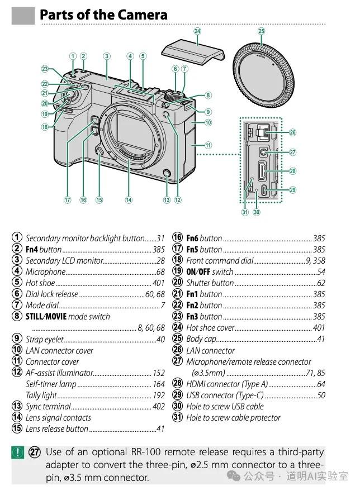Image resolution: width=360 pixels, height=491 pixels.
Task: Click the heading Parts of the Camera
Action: pos(103,15)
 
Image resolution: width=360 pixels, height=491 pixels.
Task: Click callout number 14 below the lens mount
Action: pos(129,199)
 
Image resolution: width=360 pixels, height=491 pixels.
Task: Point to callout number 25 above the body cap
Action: pos(261,31)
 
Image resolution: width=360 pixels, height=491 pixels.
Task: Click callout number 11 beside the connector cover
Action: pos(208,145)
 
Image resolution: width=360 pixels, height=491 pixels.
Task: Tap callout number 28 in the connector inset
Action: pos(292,171)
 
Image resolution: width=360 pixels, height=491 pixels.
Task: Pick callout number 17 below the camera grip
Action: pos(68,199)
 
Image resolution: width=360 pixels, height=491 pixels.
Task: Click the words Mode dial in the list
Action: pos(42,306)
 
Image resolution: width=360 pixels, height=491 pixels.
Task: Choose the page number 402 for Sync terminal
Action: pos(159,407)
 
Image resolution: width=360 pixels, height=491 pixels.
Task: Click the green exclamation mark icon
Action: pos(18,452)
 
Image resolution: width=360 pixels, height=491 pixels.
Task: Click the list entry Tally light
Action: pos(41,395)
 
